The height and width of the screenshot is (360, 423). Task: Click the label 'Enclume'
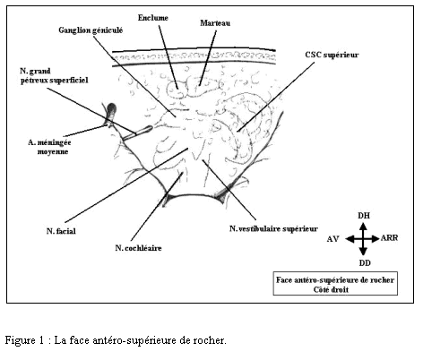pos(152,18)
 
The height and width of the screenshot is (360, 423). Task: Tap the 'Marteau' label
pos(215,23)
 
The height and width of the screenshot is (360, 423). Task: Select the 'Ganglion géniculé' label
pos(91,30)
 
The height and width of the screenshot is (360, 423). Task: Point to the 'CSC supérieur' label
pos(332,55)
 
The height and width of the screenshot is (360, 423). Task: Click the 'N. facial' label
pos(61,231)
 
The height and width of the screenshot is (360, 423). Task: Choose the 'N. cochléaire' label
pos(138,248)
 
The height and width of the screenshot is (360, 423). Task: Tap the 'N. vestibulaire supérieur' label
pos(273,228)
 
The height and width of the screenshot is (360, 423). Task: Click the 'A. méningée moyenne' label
pos(49,147)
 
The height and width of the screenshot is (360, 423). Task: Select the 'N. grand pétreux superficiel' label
pos(54,75)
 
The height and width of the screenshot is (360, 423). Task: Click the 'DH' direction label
pos(364,216)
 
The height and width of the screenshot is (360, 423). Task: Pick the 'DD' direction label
pos(365,262)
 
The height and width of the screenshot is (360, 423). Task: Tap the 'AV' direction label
pos(332,239)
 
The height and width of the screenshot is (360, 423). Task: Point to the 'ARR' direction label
pos(389,238)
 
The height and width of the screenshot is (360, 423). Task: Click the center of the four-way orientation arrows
pos(363,239)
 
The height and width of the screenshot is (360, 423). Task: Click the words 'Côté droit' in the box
pos(331,289)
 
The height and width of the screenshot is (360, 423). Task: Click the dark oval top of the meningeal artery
pos(111,108)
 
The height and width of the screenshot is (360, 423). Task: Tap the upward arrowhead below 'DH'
pos(363,227)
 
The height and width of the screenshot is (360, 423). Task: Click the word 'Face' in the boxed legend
pos(283,280)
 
